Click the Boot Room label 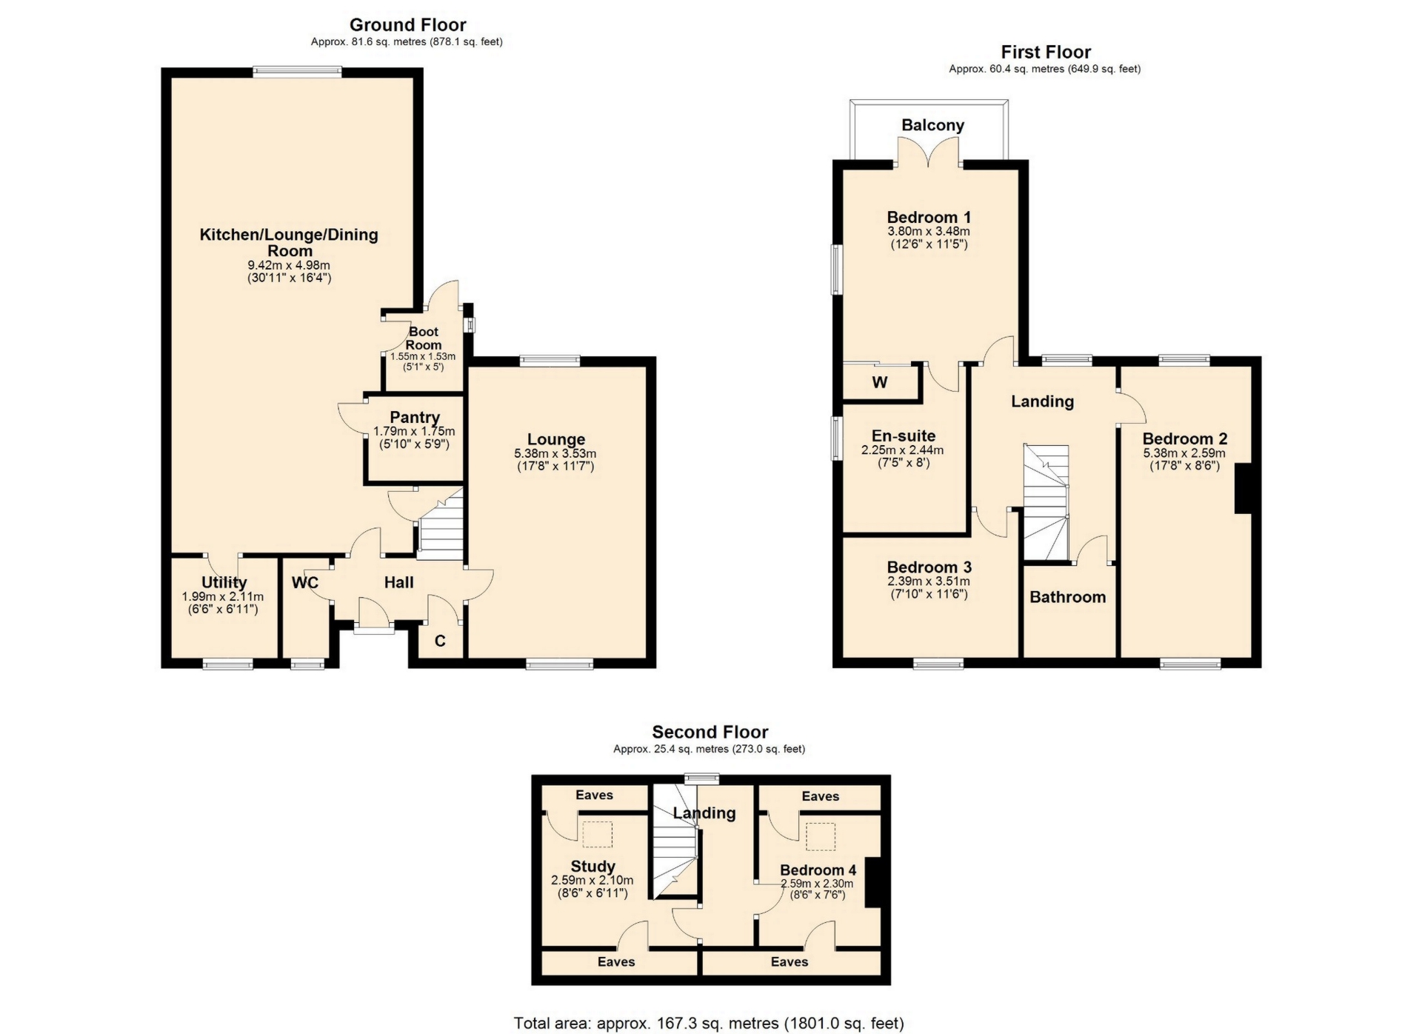pyautogui.click(x=424, y=338)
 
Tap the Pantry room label pyautogui.click(x=415, y=418)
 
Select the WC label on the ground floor pyautogui.click(x=305, y=583)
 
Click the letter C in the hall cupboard pyautogui.click(x=440, y=641)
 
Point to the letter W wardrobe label pyautogui.click(x=880, y=383)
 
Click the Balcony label pyautogui.click(x=932, y=125)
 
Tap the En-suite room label pyautogui.click(x=904, y=436)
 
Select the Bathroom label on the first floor pyautogui.click(x=1067, y=597)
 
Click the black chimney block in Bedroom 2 pyautogui.click(x=1243, y=488)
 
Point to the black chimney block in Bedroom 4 pyautogui.click(x=872, y=882)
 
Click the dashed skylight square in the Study pyautogui.click(x=598, y=835)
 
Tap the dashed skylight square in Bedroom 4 pyautogui.click(x=820, y=836)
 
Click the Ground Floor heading pyautogui.click(x=407, y=25)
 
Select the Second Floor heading pyautogui.click(x=710, y=733)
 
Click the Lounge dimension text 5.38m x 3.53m pyautogui.click(x=555, y=454)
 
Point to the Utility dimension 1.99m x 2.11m pyautogui.click(x=223, y=597)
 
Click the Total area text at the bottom pyautogui.click(x=709, y=1024)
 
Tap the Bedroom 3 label pyautogui.click(x=929, y=568)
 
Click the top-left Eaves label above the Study pyautogui.click(x=594, y=795)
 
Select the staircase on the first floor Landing pyautogui.click(x=1046, y=502)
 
